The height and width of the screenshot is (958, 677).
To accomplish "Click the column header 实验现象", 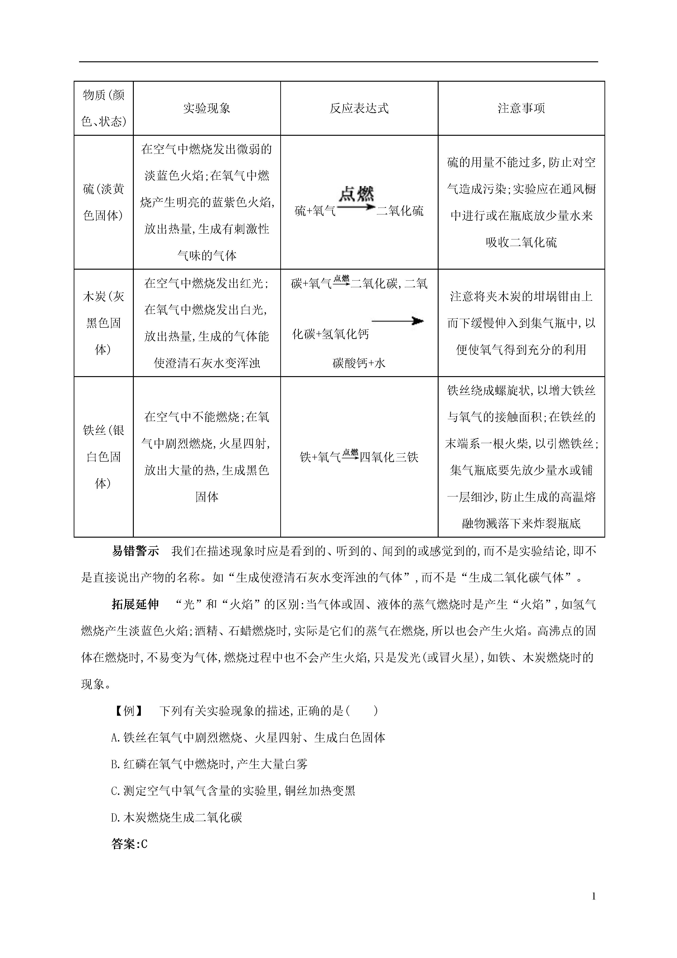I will point(207,108).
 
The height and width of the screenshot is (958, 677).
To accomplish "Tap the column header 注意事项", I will point(521,108).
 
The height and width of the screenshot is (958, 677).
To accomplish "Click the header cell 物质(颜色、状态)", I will point(103,108).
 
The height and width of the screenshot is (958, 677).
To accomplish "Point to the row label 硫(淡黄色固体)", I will point(103,202).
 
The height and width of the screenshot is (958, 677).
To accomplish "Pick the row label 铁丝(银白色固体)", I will point(103,456).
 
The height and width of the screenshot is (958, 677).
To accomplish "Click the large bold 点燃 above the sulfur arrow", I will point(356,194).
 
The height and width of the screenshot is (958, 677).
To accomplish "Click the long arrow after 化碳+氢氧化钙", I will point(397,321).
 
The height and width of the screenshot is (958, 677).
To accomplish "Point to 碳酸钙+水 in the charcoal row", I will point(359,363).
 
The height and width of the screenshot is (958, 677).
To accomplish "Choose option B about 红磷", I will point(209,764).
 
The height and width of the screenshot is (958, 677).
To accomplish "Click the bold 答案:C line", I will point(130,844).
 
